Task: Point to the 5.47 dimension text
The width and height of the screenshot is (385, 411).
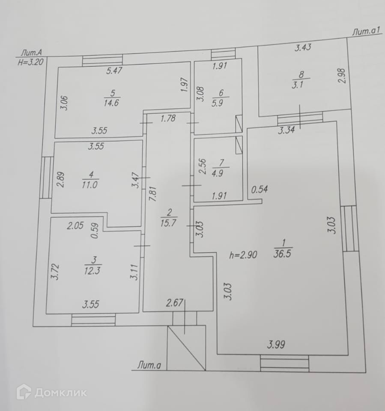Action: [x=114, y=71]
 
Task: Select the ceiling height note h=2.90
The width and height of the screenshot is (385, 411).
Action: [x=243, y=255]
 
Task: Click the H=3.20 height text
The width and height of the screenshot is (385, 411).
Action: [x=29, y=61]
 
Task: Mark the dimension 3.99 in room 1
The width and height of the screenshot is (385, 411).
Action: [x=277, y=344]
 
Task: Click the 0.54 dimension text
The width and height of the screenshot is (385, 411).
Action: [x=260, y=189]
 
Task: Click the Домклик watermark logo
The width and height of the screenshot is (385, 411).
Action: [x=51, y=392]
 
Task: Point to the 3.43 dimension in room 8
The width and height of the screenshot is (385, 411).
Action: [x=303, y=48]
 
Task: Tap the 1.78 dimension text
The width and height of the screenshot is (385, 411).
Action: [x=168, y=119]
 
